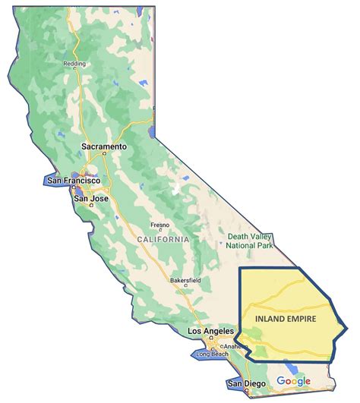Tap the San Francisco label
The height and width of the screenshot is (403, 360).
tap(73, 181)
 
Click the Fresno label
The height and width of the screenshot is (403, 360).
tap(159, 225)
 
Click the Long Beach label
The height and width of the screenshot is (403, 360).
tap(212, 355)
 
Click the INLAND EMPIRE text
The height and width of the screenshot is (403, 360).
tap(286, 317)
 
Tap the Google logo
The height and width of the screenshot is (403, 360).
tap(293, 380)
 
